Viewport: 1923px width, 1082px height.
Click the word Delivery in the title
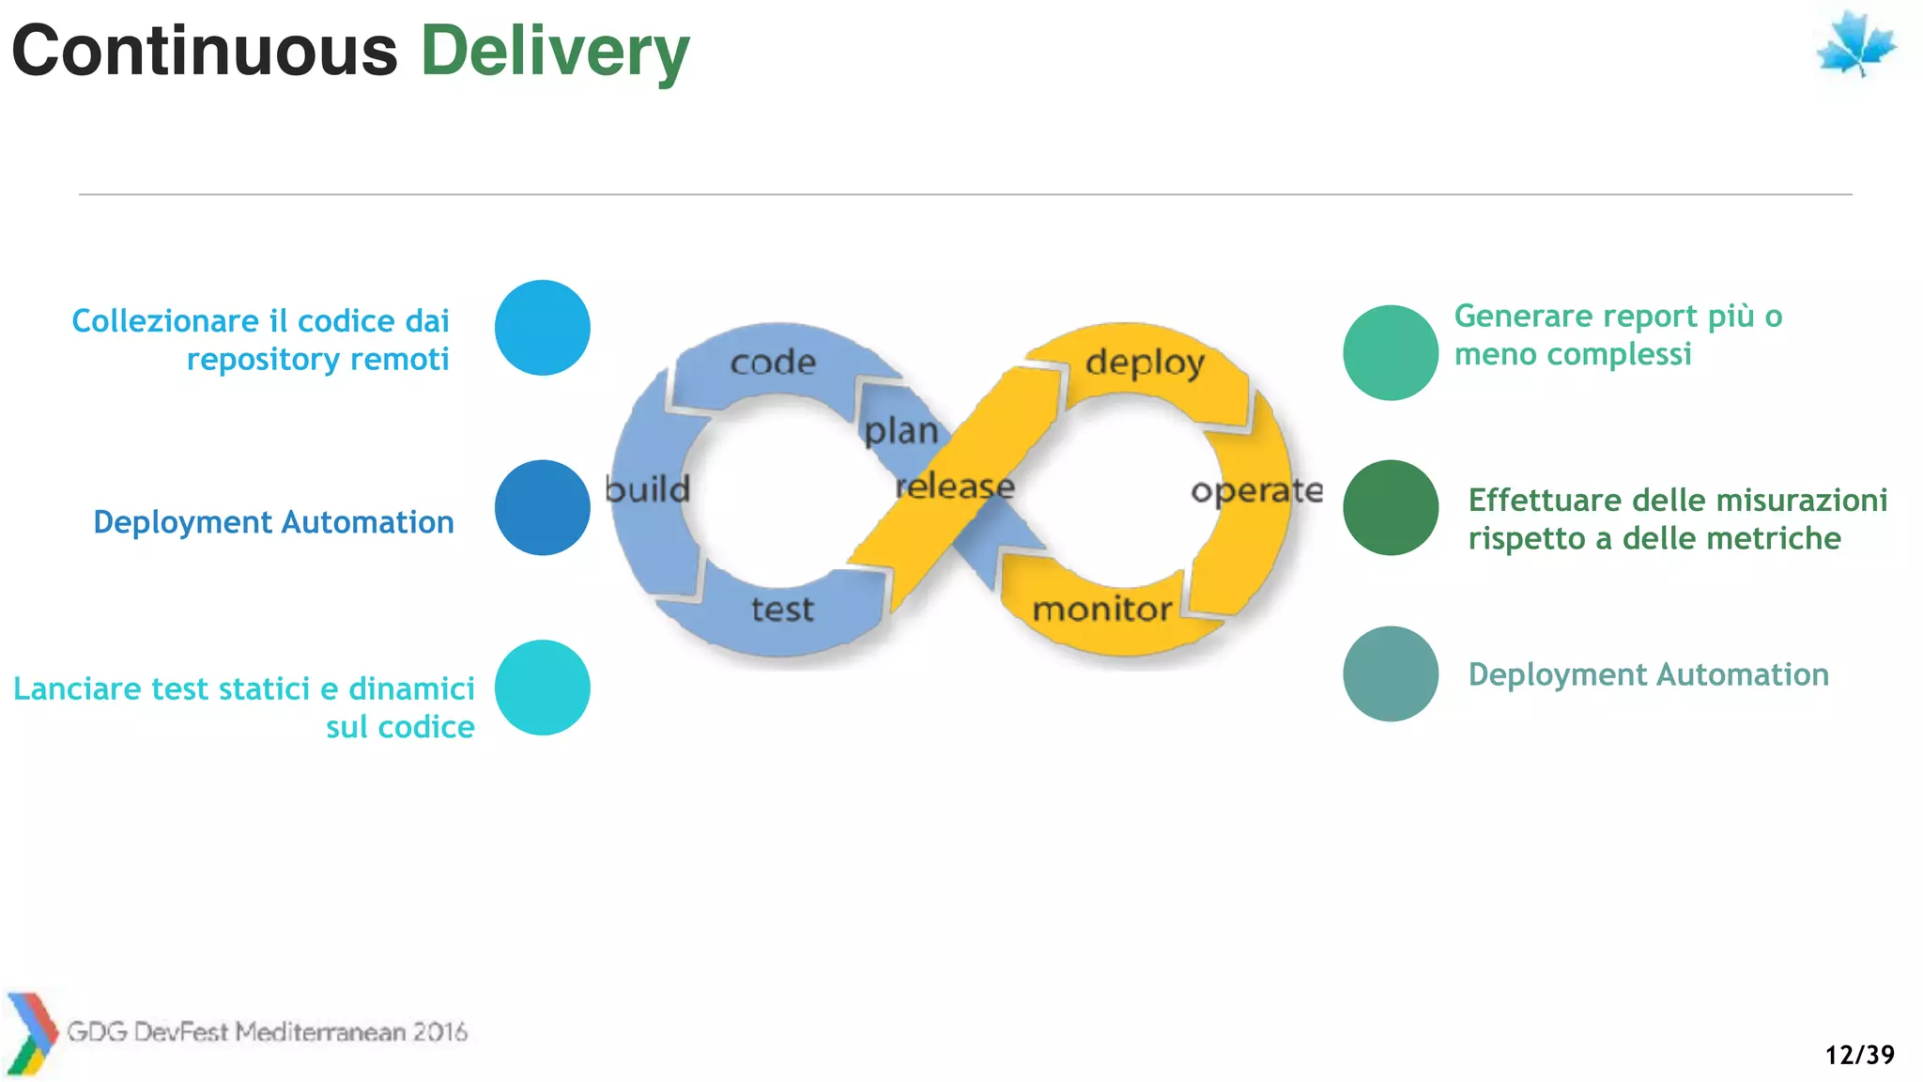pyautogui.click(x=554, y=52)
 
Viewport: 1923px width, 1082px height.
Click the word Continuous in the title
pyautogui.click(x=205, y=52)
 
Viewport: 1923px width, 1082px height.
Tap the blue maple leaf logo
pyautogui.click(x=1855, y=44)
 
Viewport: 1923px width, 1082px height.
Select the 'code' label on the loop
pyautogui.click(x=773, y=363)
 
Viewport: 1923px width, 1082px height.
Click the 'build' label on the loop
pyautogui.click(x=647, y=489)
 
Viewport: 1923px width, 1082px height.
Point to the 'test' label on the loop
pyautogui.click(x=782, y=610)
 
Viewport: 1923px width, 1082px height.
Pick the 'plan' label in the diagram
pyautogui.click(x=900, y=431)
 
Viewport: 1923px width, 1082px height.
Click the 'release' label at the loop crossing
pyautogui.click(x=955, y=487)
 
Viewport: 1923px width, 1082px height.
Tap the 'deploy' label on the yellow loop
pyautogui.click(x=1145, y=363)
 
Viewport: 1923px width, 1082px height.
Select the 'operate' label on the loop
pyautogui.click(x=1256, y=490)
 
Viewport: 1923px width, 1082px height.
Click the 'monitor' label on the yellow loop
pyautogui.click(x=1102, y=610)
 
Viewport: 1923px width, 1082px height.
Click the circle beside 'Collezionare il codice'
pyautogui.click(x=542, y=328)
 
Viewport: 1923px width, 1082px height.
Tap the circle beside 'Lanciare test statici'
pyautogui.click(x=542, y=688)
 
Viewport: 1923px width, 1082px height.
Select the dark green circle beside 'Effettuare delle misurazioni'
pyautogui.click(x=1391, y=507)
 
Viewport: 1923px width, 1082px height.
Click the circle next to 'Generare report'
pyautogui.click(x=1391, y=352)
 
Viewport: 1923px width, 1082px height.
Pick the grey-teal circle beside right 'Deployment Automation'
pyautogui.click(x=1391, y=673)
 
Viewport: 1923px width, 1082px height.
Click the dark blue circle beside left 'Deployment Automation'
pyautogui.click(x=542, y=507)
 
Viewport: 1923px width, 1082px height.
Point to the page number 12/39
pyautogui.click(x=1859, y=1055)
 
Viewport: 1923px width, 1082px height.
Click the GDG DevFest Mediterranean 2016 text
pyautogui.click(x=267, y=1032)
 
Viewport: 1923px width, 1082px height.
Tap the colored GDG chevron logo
pyautogui.click(x=30, y=1033)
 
